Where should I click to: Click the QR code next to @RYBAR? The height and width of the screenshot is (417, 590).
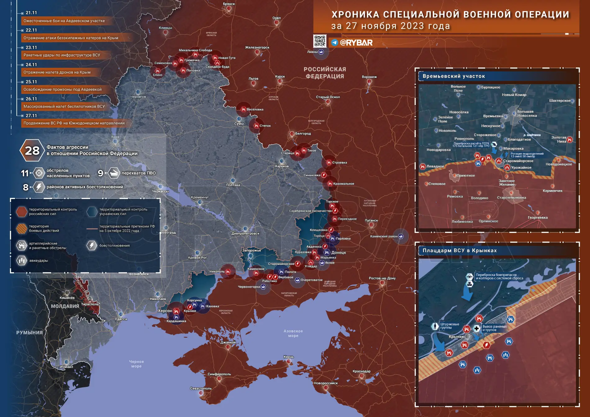(320, 41)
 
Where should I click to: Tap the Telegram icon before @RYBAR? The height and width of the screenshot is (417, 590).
(334, 43)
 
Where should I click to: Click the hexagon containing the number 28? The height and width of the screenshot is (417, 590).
(32, 151)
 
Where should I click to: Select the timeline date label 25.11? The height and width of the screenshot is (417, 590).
(31, 82)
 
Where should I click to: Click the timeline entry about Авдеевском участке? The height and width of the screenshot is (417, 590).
(64, 21)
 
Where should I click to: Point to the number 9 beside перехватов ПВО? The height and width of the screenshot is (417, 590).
(100, 173)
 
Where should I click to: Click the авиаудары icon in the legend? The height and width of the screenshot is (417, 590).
(22, 260)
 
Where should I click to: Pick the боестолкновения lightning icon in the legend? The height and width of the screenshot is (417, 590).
(92, 246)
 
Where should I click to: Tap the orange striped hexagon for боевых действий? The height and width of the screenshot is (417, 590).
(22, 229)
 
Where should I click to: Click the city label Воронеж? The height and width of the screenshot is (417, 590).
(369, 77)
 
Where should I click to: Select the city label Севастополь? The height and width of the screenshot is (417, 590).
(201, 388)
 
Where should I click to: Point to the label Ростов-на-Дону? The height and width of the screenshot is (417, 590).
(382, 278)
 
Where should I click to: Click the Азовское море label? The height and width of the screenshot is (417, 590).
(293, 333)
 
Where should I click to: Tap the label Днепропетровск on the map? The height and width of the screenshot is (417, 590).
(245, 234)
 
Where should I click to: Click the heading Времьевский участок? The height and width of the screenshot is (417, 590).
(454, 76)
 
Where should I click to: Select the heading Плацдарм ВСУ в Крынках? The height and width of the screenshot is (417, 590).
(460, 251)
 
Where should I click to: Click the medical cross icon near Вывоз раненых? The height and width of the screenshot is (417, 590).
(476, 328)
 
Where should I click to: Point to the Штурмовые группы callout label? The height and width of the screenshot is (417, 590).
(449, 326)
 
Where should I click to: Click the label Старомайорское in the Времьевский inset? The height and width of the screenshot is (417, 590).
(518, 161)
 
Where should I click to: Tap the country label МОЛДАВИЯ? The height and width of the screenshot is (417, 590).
(65, 306)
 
